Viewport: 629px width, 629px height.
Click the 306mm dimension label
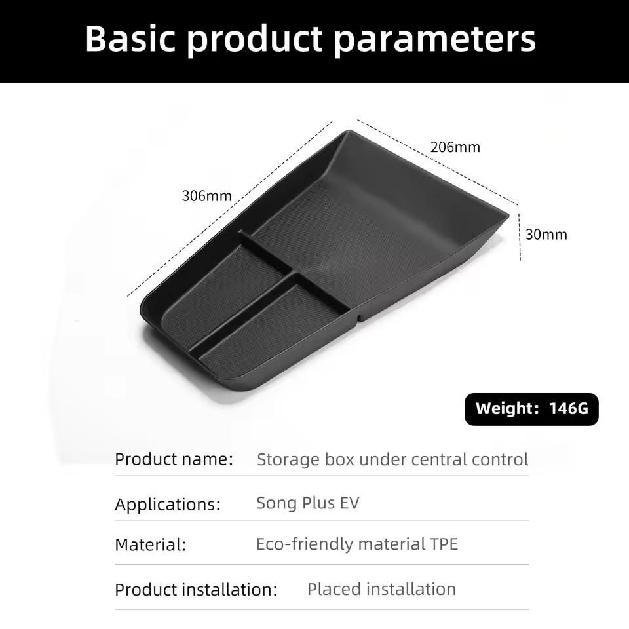[x=206, y=196]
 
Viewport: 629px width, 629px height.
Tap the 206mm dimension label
[x=455, y=147]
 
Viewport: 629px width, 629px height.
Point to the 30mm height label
[x=546, y=235]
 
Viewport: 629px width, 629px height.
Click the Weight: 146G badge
[x=531, y=409]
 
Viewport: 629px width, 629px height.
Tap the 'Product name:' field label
[x=174, y=459]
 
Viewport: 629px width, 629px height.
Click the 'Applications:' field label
[x=168, y=505]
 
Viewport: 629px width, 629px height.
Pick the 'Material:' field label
[x=151, y=544]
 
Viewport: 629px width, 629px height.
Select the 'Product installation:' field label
[x=196, y=590]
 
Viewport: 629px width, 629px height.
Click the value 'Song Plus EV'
[x=308, y=503]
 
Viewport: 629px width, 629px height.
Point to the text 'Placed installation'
[x=381, y=589]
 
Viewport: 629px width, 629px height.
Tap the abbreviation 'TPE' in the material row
[x=444, y=544]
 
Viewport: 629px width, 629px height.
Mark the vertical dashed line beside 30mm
[x=520, y=237]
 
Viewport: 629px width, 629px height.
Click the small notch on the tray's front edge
[x=358, y=317]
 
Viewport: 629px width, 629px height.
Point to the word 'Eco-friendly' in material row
[x=305, y=544]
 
